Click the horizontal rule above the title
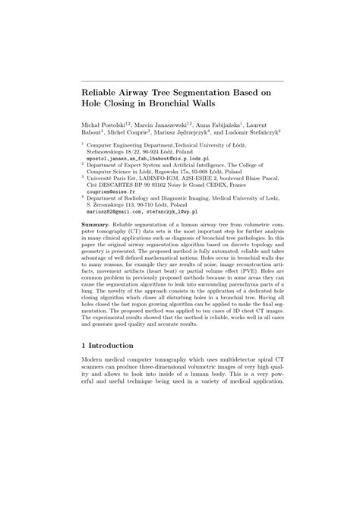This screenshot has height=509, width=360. [182, 81]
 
